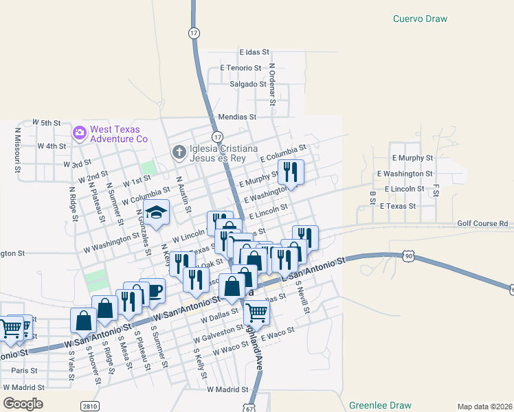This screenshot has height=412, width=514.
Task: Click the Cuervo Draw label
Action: (420, 19)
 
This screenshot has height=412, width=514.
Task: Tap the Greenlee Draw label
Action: (378, 405)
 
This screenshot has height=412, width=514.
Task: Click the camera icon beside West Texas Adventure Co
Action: (80, 132)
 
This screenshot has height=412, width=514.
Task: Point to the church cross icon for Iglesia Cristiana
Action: (179, 151)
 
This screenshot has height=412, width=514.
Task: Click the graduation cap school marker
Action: (157, 213)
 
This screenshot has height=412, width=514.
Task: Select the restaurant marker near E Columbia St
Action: (291, 171)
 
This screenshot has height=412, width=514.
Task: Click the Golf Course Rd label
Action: (482, 224)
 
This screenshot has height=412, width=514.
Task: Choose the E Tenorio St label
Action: (241, 68)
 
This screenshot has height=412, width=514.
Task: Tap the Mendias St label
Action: (236, 117)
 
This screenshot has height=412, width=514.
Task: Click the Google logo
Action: (23, 403)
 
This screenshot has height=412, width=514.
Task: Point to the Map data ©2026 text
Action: (484, 407)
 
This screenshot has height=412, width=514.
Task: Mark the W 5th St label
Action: (47, 122)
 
